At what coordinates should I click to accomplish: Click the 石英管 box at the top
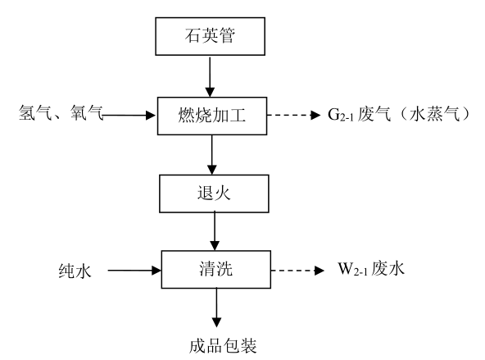point(210,36)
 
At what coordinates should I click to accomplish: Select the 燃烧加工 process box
point(212,116)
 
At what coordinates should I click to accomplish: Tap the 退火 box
point(214,194)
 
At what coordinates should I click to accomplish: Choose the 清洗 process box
point(216,270)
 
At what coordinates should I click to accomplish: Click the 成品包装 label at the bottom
point(223,345)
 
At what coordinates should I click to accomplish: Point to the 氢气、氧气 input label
point(61,112)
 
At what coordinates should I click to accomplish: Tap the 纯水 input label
point(75,271)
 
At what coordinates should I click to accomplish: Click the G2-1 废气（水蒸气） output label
point(399,114)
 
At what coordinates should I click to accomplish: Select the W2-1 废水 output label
point(371,268)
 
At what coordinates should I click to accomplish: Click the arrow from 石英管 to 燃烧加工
point(210,76)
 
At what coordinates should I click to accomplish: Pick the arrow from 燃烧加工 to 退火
point(212,155)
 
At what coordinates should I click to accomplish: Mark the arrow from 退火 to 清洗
point(215,231)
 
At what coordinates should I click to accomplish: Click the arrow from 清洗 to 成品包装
point(216,308)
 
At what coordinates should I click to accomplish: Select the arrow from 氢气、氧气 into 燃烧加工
point(129,116)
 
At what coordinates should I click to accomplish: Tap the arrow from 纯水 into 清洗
point(134,271)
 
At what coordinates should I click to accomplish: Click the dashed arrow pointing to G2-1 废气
point(293,115)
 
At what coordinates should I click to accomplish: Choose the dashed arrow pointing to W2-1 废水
point(297,271)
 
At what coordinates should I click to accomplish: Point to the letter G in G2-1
point(333,114)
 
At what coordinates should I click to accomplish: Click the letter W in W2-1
point(345,268)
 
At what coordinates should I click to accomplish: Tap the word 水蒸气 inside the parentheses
point(434,114)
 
